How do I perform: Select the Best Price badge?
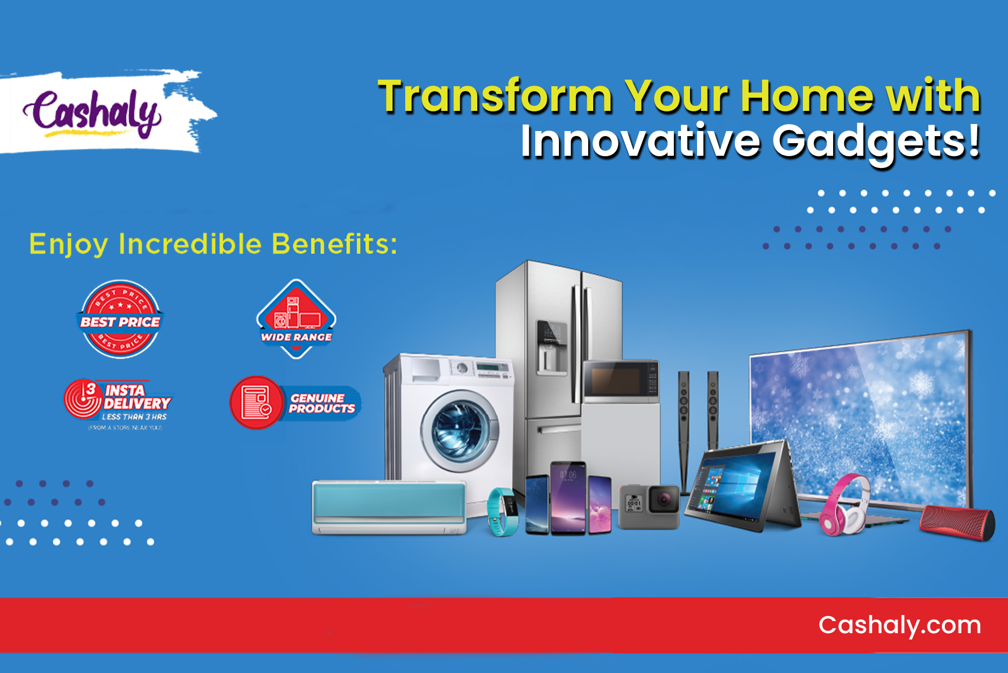(x=120, y=320)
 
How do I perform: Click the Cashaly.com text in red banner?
(x=900, y=626)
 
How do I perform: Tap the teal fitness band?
(x=502, y=512)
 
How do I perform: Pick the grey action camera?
(x=649, y=506)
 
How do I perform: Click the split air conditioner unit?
(x=389, y=507)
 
